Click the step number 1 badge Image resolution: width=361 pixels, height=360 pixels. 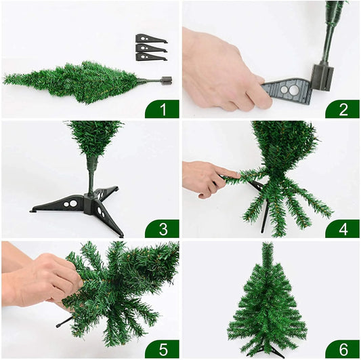point(162,109)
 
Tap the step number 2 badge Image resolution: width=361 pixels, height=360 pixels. point(342,109)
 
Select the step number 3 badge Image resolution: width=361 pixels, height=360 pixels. point(162,228)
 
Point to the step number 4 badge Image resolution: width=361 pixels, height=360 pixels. point(342,228)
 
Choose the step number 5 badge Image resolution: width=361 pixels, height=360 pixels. point(162,348)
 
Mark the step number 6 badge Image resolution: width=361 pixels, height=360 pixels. point(342,348)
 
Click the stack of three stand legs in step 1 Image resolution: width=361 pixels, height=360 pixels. point(150,47)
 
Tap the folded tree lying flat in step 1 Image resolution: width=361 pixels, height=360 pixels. point(75,81)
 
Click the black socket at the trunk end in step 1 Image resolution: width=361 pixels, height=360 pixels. point(166,80)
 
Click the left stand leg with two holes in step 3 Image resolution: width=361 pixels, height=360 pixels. point(58,203)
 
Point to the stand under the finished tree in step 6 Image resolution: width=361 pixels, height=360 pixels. point(268,351)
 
